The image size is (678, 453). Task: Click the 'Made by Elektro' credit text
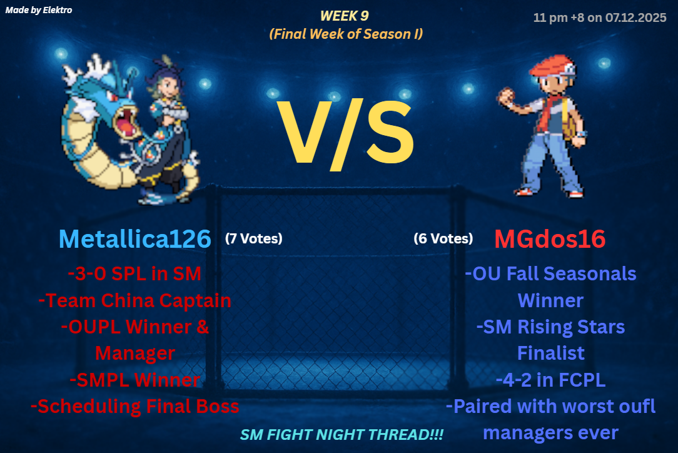(x=39, y=10)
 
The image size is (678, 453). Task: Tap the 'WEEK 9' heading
(x=344, y=16)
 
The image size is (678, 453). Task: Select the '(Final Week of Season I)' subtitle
(x=346, y=34)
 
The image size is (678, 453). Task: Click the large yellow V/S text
(x=345, y=133)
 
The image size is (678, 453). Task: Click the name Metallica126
(x=135, y=238)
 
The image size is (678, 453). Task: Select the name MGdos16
(x=550, y=238)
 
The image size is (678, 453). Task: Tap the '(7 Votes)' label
(x=253, y=238)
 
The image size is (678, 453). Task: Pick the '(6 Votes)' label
(x=443, y=238)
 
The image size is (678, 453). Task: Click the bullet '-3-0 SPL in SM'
(x=134, y=274)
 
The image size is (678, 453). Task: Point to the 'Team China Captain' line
(x=138, y=300)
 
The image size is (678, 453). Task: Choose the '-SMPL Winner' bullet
(x=135, y=380)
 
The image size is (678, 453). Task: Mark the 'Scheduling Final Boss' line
(x=138, y=406)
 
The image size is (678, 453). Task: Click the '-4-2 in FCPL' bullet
(x=550, y=380)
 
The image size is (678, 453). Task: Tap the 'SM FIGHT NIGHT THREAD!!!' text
(x=342, y=434)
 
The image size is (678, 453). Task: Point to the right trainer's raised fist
(x=506, y=96)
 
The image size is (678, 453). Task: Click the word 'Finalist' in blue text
(x=550, y=353)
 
